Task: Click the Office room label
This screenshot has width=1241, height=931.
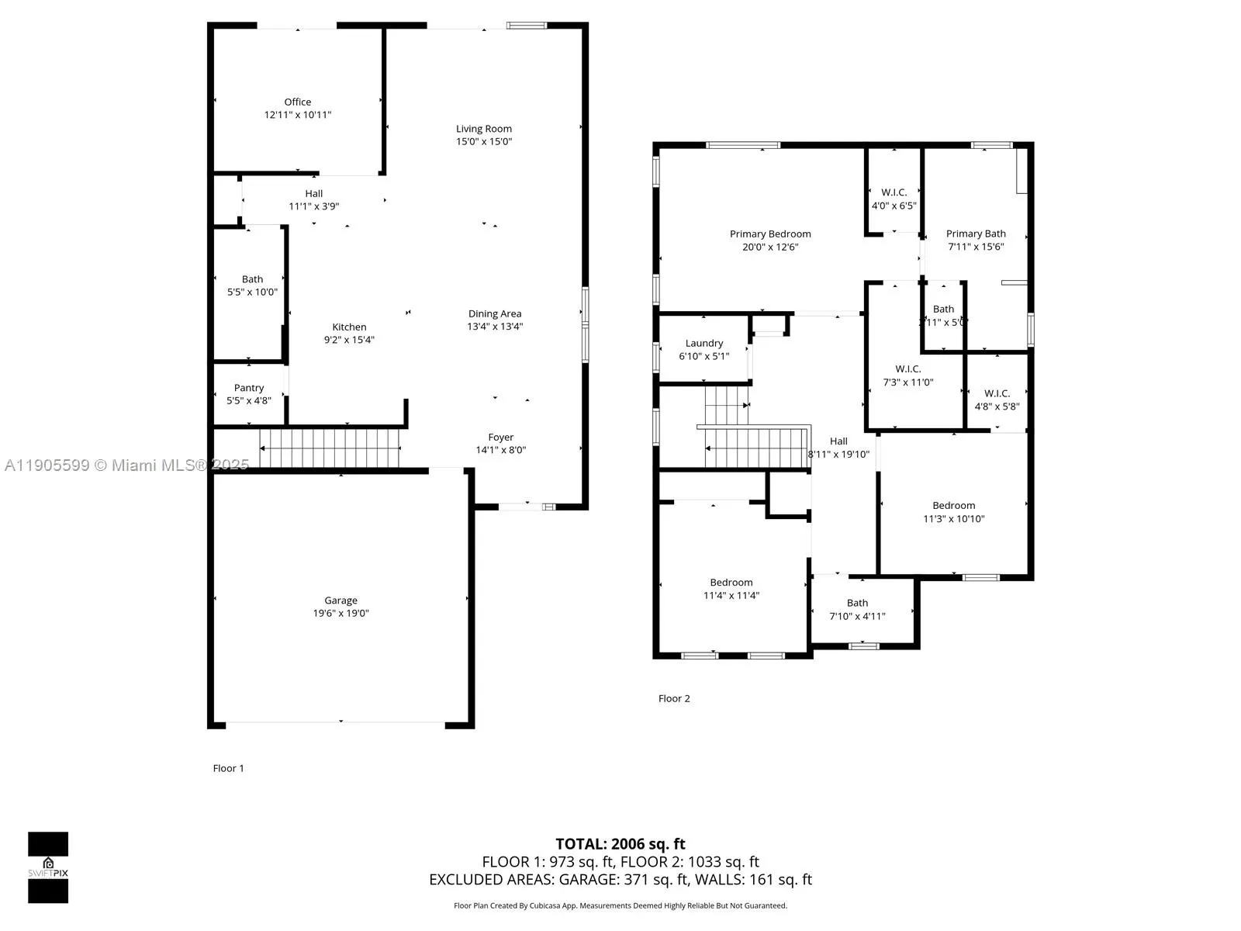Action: [298, 102]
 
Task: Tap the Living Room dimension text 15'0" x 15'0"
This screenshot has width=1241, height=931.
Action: [484, 142]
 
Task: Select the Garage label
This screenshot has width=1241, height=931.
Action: [340, 600]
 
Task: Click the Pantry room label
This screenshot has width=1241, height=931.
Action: [249, 388]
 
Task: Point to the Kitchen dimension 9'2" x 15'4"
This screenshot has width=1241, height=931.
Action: [349, 340]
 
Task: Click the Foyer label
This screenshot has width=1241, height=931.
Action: [501, 438]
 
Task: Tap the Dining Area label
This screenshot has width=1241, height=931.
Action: [495, 314]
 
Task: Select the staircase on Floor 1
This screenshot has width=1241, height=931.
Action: [330, 449]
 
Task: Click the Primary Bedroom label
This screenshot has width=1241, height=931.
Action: [770, 234]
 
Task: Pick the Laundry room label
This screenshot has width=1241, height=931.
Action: [704, 343]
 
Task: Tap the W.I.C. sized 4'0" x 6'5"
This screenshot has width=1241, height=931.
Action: [894, 199]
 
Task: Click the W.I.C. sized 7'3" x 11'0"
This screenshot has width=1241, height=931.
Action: [908, 376]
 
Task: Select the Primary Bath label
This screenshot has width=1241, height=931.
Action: [976, 234]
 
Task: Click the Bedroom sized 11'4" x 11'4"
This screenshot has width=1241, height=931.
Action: [731, 589]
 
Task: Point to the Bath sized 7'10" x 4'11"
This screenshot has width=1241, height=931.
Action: [857, 609]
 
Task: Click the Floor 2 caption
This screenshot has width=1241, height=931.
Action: [674, 698]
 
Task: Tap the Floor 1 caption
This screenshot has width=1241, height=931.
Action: [228, 768]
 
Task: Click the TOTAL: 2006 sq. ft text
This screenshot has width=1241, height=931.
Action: [620, 844]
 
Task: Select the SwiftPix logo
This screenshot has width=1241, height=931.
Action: [48, 867]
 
